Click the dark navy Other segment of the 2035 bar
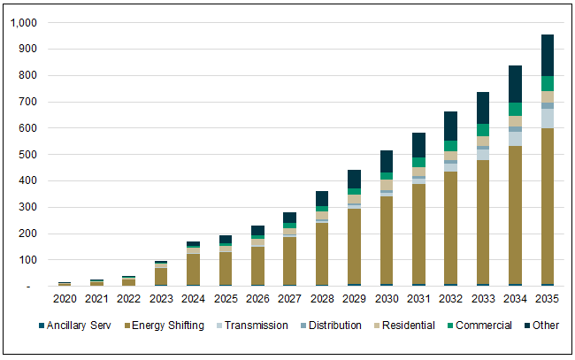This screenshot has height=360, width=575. coord(548,55)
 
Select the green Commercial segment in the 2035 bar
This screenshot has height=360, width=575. coord(548,83)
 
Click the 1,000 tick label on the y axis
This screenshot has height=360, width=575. coord(24,23)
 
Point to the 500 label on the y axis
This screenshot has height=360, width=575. coord(30,155)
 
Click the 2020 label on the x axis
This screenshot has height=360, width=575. coord(65,300)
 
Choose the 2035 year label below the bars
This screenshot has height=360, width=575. coord(548,300)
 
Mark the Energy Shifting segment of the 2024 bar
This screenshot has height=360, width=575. coord(193,269)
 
